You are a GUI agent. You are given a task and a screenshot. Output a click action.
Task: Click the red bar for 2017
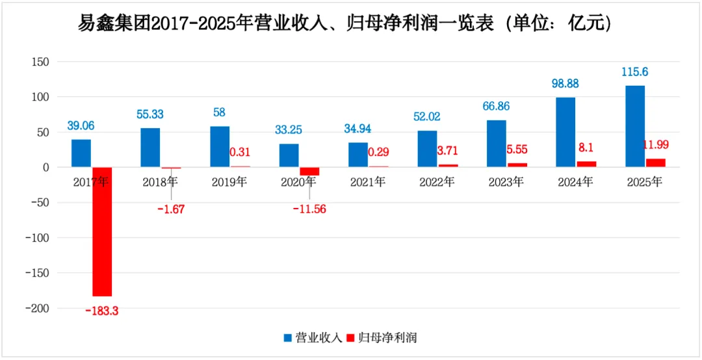click(x=102, y=231)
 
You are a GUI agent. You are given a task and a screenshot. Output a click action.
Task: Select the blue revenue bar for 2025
click(x=634, y=126)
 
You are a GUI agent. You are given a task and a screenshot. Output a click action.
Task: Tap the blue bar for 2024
click(x=565, y=132)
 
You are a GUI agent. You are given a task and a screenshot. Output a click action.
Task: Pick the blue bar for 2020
click(x=289, y=155)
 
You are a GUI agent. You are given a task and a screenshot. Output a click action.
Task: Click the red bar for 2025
click(x=655, y=162)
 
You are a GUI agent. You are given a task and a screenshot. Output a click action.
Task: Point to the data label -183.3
click(x=102, y=311)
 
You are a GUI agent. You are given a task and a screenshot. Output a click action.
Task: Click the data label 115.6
click(x=634, y=72)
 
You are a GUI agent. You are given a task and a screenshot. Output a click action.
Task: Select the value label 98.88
click(x=565, y=84)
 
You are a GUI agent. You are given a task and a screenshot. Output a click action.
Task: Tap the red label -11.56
click(x=309, y=209)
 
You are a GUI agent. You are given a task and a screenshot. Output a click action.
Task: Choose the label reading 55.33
click(x=150, y=114)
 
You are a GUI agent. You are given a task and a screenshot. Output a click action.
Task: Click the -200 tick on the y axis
click(x=40, y=308)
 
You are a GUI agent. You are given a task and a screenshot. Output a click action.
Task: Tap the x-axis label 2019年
click(x=229, y=183)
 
